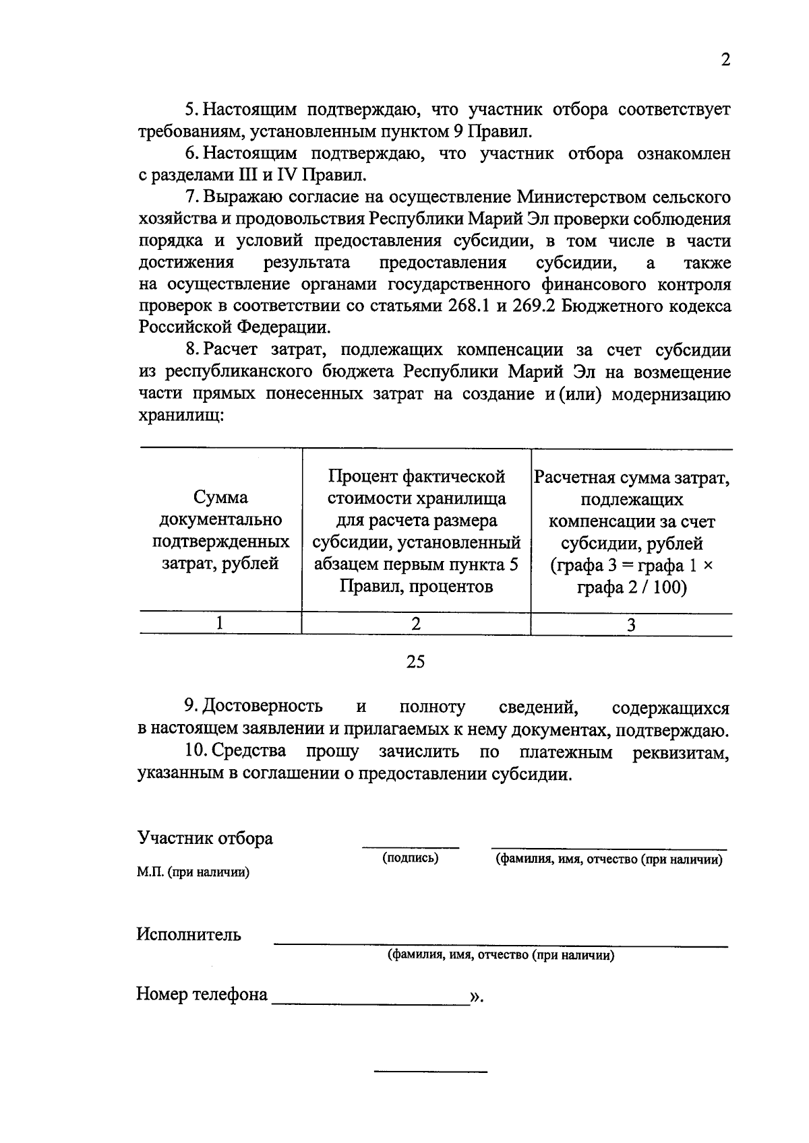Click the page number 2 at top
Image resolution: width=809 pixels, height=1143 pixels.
point(725,60)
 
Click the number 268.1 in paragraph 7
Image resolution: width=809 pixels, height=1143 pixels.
point(470,306)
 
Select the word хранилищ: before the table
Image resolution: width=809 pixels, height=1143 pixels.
point(181,416)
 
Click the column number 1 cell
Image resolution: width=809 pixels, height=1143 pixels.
point(220,624)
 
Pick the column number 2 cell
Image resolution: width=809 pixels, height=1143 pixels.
point(416,624)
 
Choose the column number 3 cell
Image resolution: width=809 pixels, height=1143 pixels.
point(631,624)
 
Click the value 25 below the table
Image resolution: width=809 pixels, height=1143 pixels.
point(415,662)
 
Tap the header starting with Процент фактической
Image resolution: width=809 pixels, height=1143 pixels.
point(416,531)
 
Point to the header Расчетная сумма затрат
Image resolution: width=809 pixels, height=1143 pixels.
point(631,531)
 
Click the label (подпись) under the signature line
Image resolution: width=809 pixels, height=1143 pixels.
point(410,858)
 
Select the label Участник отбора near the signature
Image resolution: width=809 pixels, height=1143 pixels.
point(205,839)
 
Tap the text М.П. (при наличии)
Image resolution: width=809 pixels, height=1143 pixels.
point(193,873)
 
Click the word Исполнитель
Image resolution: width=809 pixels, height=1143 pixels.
point(189,935)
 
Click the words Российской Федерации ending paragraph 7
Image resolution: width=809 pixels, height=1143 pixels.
point(233,328)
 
